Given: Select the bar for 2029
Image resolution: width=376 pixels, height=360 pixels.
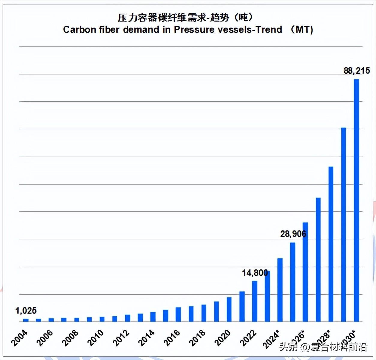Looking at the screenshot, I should [x=344, y=225].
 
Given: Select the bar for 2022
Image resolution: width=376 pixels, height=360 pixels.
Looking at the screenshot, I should [x=255, y=301].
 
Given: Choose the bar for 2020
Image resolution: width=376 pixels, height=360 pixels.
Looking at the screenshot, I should [x=229, y=309].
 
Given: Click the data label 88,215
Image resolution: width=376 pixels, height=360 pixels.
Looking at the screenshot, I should [x=357, y=70].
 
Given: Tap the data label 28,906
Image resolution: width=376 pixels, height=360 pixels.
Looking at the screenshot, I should [x=293, y=234].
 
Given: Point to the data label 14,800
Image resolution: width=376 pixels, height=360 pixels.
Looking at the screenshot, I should [x=255, y=273].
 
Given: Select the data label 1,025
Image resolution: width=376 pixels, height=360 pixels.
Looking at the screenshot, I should [x=26, y=310].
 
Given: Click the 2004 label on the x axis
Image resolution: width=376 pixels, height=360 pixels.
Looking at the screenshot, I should [x=19, y=337].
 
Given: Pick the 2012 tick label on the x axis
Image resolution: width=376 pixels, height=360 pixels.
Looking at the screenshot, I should [x=121, y=337].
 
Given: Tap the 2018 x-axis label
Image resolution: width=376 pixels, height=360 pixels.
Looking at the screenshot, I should [x=197, y=337].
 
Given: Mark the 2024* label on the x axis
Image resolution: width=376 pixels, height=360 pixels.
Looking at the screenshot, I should [x=271, y=339].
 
